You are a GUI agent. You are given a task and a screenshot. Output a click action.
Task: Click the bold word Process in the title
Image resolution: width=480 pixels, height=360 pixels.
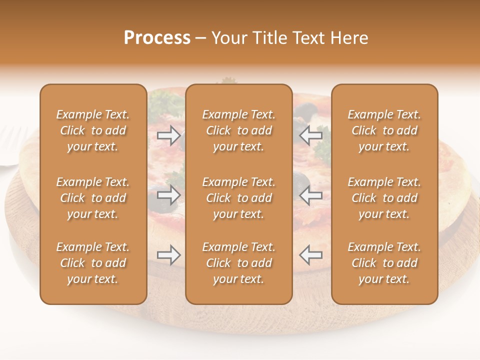(157, 38)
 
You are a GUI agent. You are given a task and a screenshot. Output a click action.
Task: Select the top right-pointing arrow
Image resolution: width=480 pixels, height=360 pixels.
(168, 135)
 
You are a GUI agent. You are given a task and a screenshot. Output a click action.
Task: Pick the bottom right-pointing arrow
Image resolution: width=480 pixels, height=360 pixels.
(168, 255)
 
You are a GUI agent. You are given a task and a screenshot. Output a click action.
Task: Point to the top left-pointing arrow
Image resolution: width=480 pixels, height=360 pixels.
(310, 135)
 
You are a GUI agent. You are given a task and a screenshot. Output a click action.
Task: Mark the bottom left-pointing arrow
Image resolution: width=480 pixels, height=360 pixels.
(310, 255)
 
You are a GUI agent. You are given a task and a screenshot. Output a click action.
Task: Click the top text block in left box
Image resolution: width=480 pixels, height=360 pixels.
(93, 130)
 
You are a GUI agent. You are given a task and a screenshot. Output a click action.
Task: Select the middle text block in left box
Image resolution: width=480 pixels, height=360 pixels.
(93, 198)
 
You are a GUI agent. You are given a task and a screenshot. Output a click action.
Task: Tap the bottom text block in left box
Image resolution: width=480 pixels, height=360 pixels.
(93, 263)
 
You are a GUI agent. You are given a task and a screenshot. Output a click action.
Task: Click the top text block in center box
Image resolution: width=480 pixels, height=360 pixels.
(238, 130)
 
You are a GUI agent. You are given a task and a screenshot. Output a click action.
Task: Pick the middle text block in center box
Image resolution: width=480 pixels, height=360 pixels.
(238, 198)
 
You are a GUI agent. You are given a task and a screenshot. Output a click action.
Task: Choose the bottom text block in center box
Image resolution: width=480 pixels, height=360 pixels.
(238, 263)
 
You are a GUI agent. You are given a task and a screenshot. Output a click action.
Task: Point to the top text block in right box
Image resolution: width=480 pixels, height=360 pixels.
(384, 130)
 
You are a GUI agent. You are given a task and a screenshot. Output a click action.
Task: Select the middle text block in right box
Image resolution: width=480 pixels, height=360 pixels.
(384, 198)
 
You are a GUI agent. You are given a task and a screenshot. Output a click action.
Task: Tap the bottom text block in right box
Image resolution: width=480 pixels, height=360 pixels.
(384, 263)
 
